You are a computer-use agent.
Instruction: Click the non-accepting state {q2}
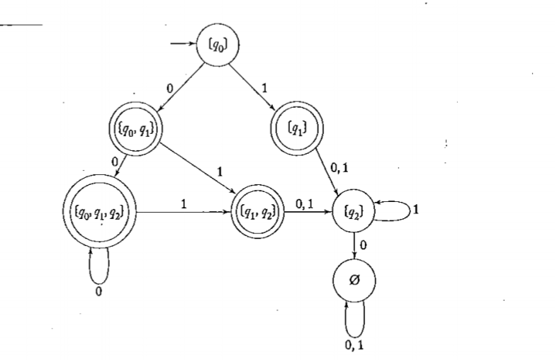click(353, 210)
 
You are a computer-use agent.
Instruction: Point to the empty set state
click(353, 279)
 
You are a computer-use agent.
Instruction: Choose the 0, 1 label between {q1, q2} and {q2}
click(306, 203)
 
